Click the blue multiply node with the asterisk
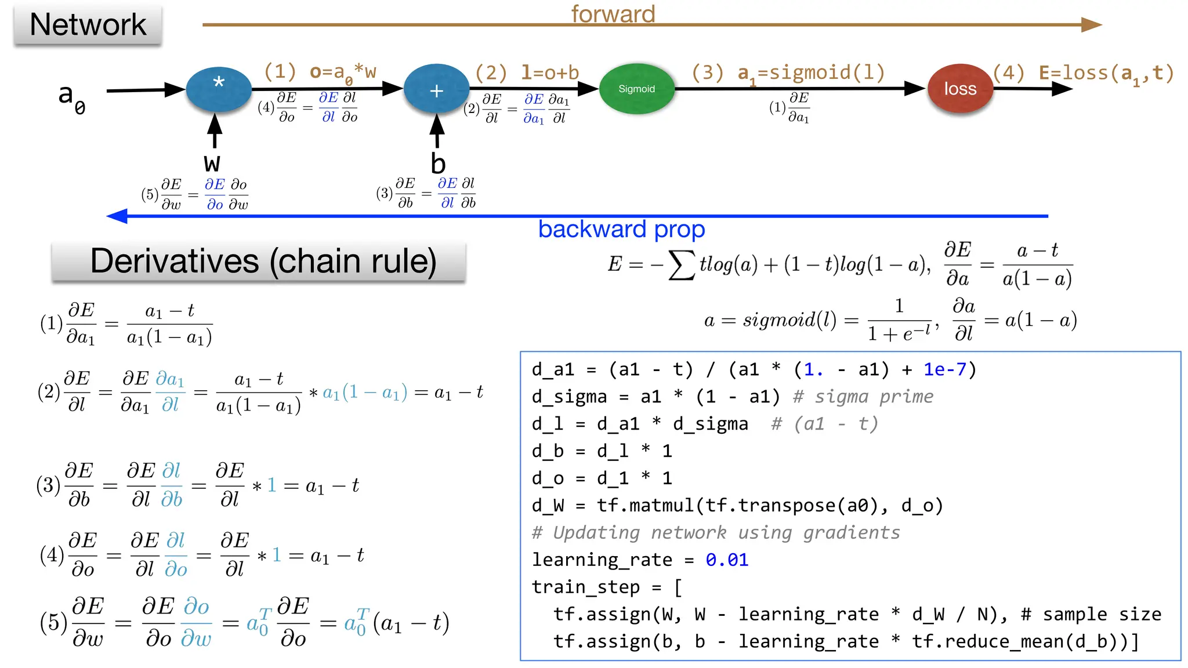click(x=219, y=89)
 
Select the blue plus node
click(x=436, y=89)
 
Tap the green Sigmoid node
click(x=636, y=89)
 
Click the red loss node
click(x=960, y=89)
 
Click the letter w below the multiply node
click(x=212, y=163)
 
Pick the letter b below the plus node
click(x=438, y=164)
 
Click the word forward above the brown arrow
click(x=613, y=13)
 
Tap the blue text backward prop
click(x=621, y=230)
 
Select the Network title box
click(x=88, y=25)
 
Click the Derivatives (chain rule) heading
click(x=263, y=262)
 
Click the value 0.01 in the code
click(x=727, y=560)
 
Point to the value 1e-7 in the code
click(x=945, y=369)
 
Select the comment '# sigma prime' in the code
click(x=863, y=397)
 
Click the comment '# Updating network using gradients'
click(x=716, y=532)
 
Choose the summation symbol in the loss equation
click(x=681, y=266)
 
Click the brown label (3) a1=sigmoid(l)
click(x=788, y=74)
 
